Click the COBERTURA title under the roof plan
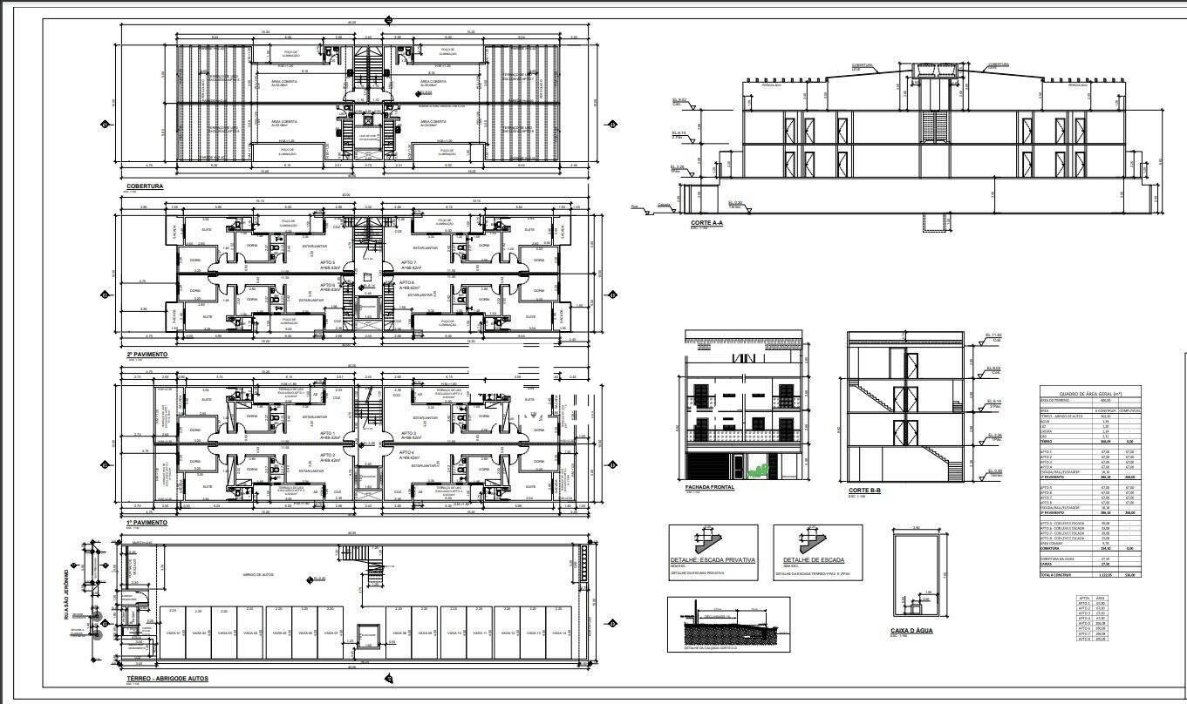pyautogui.click(x=145, y=186)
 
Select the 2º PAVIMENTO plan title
pyautogui.click(x=147, y=355)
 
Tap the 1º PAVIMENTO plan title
pyautogui.click(x=147, y=522)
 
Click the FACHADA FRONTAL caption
pyautogui.click(x=710, y=487)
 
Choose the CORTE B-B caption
pyautogui.click(x=865, y=491)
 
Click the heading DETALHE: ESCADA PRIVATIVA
pyautogui.click(x=713, y=560)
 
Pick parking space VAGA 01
pyautogui.click(x=174, y=633)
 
